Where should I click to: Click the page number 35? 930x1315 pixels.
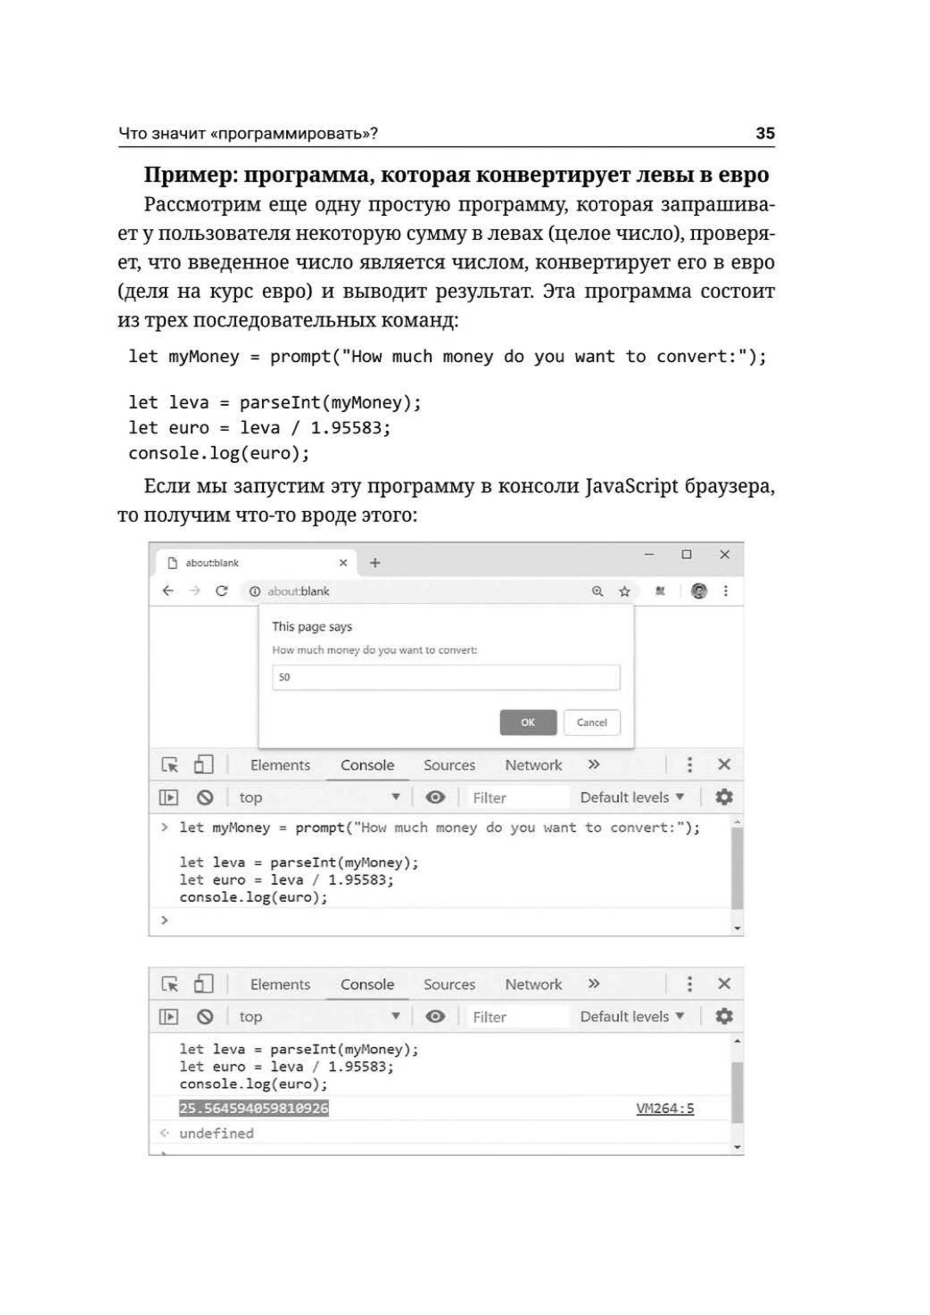coord(765,133)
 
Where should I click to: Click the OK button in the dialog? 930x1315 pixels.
coord(527,722)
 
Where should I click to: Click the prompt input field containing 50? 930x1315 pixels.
coord(446,677)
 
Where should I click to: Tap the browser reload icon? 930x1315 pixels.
coord(222,591)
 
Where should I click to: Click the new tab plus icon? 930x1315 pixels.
coord(375,563)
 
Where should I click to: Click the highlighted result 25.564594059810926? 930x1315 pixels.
coord(254,1108)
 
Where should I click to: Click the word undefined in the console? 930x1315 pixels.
coord(216,1133)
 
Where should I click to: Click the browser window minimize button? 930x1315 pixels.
coord(649,554)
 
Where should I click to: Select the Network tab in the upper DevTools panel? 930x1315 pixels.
coord(533,765)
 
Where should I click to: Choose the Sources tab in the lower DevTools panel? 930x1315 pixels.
coord(449,985)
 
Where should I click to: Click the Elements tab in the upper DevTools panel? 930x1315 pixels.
coord(280,765)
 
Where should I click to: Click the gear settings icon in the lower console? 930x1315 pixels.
coord(724,1016)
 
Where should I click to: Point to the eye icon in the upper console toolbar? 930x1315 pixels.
coord(435,797)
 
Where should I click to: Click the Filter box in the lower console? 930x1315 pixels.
coord(515,1017)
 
